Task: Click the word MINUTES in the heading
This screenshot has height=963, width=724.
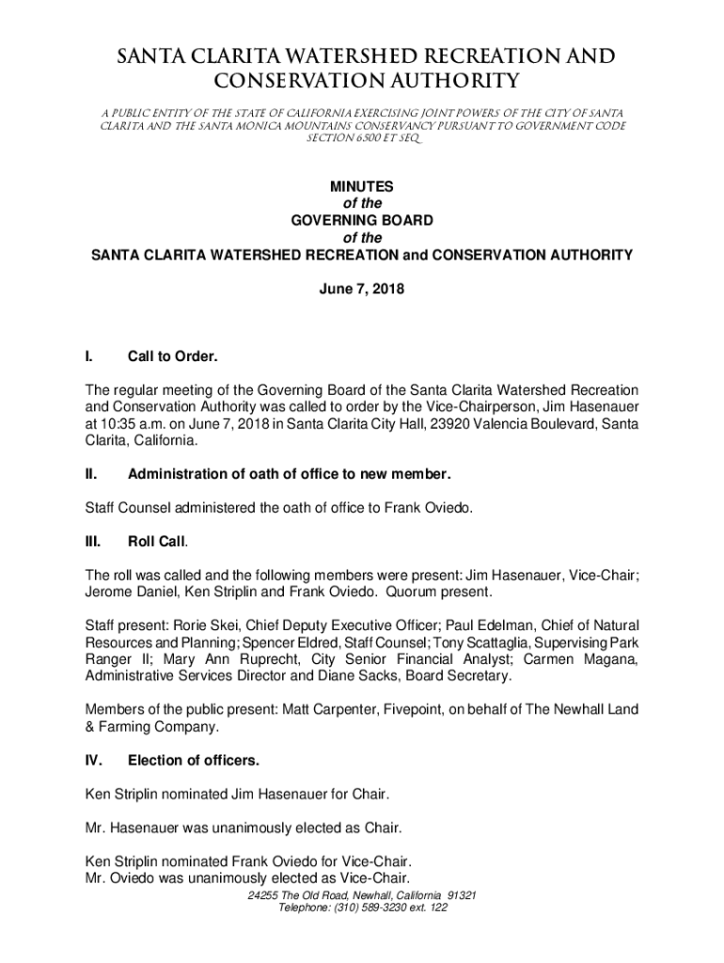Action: (362, 187)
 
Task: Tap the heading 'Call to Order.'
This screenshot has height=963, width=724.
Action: (173, 356)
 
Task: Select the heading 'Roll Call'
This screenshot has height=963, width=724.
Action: (157, 543)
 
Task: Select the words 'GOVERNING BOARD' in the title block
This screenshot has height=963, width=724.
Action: (362, 221)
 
